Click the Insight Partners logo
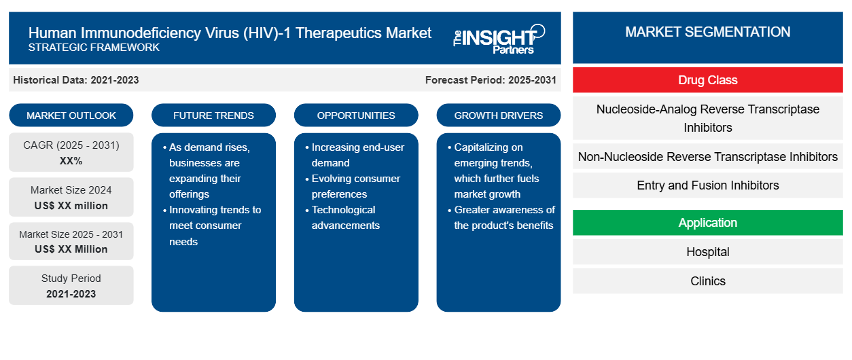click(x=499, y=39)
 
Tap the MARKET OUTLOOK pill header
click(x=71, y=115)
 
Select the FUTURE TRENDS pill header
click(x=213, y=115)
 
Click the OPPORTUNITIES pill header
click(x=356, y=115)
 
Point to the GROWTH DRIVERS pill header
click(x=498, y=115)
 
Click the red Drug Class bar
click(x=707, y=80)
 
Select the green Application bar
click(x=707, y=222)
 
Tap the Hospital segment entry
click(x=707, y=251)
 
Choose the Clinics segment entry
click(x=707, y=281)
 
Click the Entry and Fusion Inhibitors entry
click(x=707, y=185)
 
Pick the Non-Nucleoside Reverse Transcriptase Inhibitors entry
click(x=707, y=157)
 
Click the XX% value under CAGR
click(x=71, y=161)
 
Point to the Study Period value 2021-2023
click(x=71, y=294)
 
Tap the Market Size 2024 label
click(x=71, y=190)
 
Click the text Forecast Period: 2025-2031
click(x=491, y=80)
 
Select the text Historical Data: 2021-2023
click(x=76, y=80)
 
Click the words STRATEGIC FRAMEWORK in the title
click(x=94, y=47)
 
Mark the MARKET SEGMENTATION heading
click(x=707, y=32)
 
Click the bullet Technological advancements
click(x=345, y=217)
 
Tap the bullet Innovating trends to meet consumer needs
click(x=212, y=226)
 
